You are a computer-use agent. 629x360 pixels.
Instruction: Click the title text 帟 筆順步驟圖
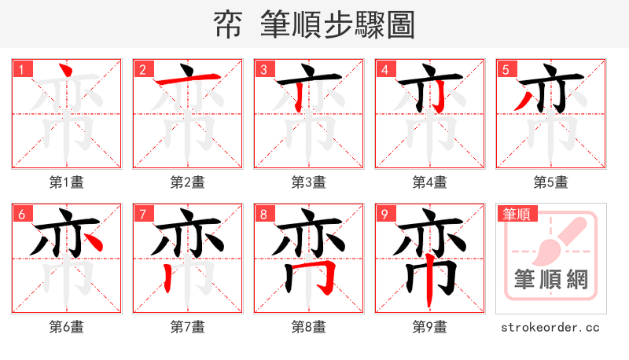pyautogui.click(x=314, y=24)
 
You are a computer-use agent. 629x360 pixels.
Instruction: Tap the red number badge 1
pyautogui.click(x=22, y=70)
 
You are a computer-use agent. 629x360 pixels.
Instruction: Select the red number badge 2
pyautogui.click(x=143, y=70)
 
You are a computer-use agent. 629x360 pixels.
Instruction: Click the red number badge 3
pyautogui.click(x=264, y=70)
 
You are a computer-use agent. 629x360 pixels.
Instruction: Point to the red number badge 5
pyautogui.click(x=506, y=70)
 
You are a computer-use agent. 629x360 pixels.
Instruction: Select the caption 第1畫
pyautogui.click(x=67, y=182)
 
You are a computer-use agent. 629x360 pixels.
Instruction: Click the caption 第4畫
pyautogui.click(x=430, y=182)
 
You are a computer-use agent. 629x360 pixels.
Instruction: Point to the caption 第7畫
pyautogui.click(x=188, y=326)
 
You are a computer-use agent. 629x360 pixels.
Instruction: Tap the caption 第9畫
pyautogui.click(x=430, y=326)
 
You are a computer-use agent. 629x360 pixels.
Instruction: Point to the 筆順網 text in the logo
pyautogui.click(x=551, y=279)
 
